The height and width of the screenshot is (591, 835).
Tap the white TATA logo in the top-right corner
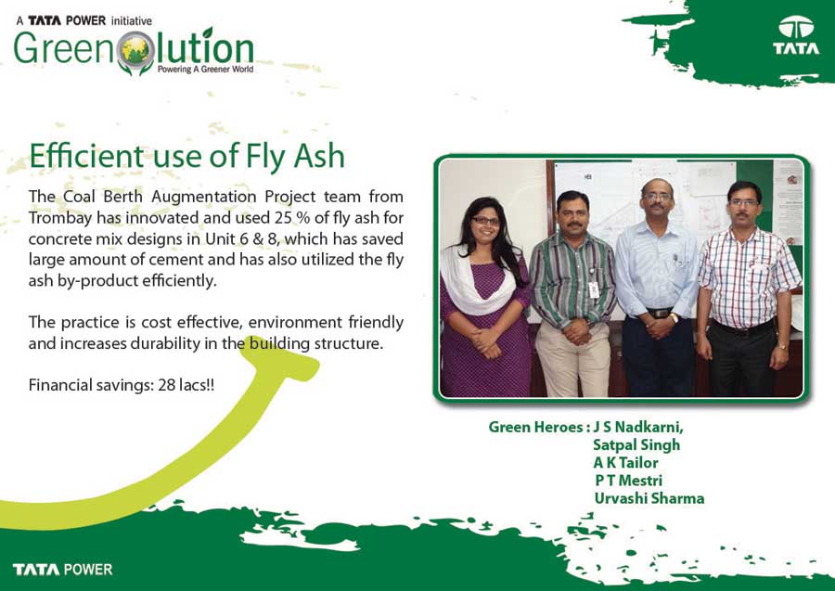coord(796,35)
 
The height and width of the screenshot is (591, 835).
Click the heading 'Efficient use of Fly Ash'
coord(186,156)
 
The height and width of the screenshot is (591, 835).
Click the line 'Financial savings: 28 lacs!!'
coord(122,385)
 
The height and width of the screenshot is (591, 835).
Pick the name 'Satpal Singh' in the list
coord(636,445)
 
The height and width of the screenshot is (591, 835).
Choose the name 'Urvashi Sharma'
coord(649,498)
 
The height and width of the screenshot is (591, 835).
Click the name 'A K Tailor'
coord(625,463)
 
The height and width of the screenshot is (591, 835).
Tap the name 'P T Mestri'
coord(628,481)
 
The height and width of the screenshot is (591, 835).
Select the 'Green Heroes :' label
coord(539,427)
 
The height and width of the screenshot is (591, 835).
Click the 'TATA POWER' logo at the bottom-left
coord(63,569)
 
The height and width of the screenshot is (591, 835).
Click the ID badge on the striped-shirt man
coord(593,289)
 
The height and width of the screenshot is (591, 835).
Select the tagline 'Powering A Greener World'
coord(206,70)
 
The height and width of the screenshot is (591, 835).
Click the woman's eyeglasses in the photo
coord(485,221)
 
